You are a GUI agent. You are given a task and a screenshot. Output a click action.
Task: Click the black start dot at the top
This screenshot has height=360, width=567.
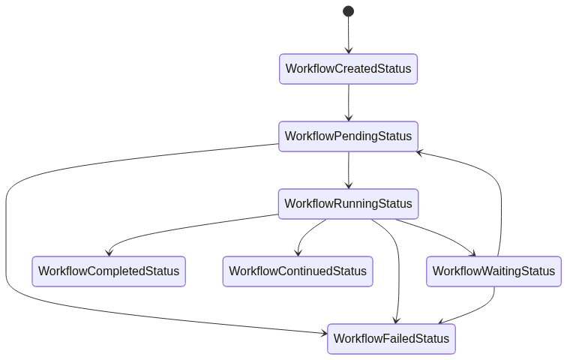click(348, 11)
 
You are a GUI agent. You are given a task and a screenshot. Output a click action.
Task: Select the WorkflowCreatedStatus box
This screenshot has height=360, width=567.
click(348, 69)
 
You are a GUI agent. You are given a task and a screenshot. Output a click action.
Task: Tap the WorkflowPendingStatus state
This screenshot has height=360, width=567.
click(348, 136)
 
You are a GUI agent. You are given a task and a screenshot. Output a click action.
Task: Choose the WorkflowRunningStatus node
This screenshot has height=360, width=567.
click(348, 204)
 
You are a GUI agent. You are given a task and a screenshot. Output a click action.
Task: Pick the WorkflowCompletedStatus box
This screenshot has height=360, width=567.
click(109, 271)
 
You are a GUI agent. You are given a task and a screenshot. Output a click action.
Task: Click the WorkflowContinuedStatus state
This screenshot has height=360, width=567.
click(298, 271)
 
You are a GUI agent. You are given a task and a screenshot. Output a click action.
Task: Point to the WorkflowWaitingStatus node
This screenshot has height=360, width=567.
click(494, 271)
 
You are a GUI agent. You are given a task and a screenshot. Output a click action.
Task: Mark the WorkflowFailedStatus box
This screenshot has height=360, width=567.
click(391, 339)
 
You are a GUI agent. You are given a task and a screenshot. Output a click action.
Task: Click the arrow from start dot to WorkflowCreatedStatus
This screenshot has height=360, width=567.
click(348, 34)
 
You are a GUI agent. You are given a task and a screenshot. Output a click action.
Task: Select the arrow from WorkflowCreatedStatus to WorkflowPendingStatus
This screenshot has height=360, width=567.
click(348, 102)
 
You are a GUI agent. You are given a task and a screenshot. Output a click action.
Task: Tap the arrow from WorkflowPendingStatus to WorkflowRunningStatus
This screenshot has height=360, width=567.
click(348, 169)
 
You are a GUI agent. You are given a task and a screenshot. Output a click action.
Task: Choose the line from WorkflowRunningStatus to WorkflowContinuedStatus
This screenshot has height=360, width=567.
click(307, 232)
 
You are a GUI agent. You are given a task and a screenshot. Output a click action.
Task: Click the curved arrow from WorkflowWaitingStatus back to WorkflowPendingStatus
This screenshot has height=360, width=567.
click(499, 202)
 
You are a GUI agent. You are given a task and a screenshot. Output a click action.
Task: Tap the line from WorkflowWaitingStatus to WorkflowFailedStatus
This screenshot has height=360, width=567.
click(480, 310)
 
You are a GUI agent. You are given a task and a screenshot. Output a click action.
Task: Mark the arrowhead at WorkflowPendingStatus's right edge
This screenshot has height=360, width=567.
click(422, 151)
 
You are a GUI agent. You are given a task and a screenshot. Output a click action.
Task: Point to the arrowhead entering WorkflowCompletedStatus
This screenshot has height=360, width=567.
click(109, 252)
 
